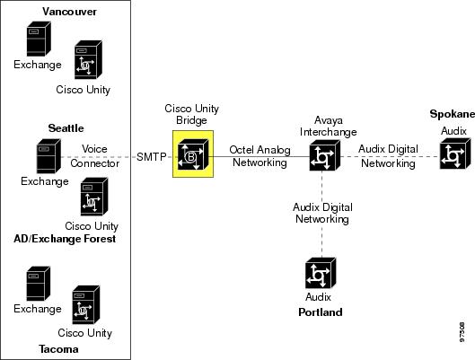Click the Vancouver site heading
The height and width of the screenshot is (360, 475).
69,12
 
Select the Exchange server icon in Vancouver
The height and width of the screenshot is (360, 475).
39,39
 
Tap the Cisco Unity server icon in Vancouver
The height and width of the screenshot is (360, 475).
88,59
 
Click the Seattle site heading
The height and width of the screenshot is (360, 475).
66,128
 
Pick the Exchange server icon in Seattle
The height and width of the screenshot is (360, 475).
48,156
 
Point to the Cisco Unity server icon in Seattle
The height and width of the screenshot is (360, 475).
94,197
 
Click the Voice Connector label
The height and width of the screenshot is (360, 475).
95,156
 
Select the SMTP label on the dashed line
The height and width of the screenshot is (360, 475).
152,157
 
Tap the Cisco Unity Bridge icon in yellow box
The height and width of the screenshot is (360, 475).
193,154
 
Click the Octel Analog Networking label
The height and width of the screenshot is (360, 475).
259,156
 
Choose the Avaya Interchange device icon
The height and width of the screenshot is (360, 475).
325,155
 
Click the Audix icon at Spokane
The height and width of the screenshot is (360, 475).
455,154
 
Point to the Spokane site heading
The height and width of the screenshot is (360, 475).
453,114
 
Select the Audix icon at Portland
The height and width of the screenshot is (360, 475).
321,273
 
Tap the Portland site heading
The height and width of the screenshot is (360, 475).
321,312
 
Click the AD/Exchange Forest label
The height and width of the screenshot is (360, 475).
65,239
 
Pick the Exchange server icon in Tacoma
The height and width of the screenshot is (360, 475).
39,284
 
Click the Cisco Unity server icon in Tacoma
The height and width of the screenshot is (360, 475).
86,304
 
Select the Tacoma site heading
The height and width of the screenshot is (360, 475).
58,349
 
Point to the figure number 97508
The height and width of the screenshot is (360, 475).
462,332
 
